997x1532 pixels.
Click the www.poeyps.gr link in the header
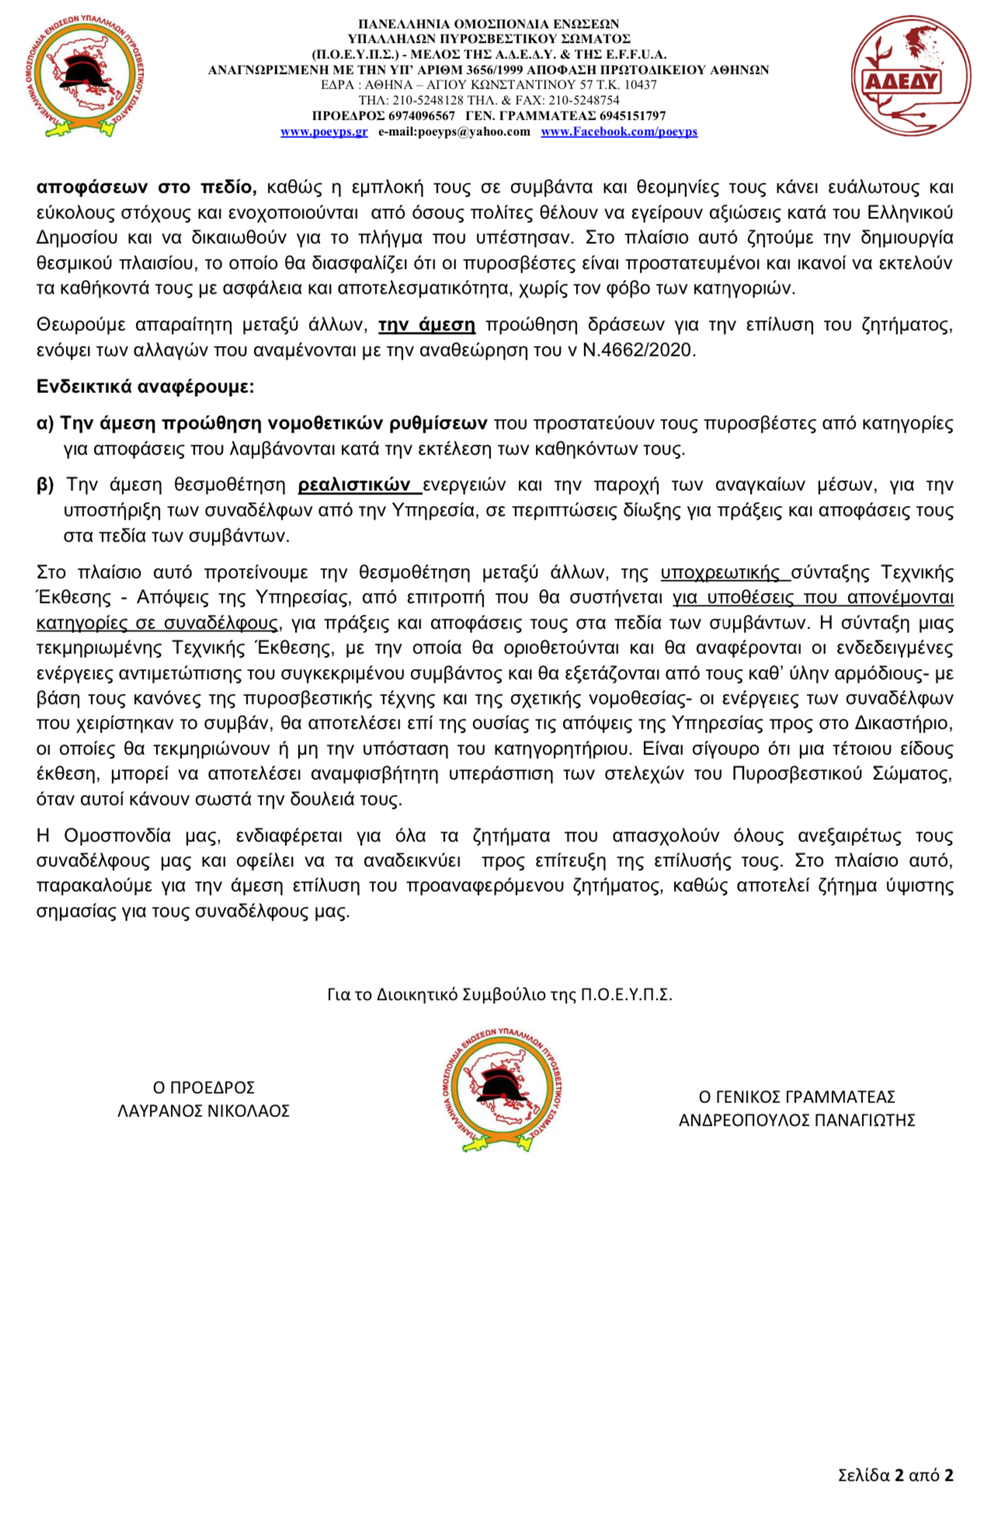324,132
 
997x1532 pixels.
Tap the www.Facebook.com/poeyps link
619,132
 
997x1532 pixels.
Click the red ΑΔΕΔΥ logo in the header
910,77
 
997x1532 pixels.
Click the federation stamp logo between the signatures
501,1090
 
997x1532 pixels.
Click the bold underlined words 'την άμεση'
426,325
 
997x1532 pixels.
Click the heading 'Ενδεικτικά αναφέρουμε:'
145,387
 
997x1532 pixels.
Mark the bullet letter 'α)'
45,423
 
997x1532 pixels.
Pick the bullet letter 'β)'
45,486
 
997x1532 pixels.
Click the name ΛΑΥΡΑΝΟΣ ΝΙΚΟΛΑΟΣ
203,1112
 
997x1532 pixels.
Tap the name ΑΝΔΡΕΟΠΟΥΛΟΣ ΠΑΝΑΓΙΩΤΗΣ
797,1120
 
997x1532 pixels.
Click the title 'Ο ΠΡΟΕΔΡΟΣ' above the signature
203,1088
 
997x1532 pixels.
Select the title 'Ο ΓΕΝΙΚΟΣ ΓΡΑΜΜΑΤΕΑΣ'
797,1097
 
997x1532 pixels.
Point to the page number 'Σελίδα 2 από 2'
895,1475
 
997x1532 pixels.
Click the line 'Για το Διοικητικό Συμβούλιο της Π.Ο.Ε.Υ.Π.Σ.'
499,995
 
